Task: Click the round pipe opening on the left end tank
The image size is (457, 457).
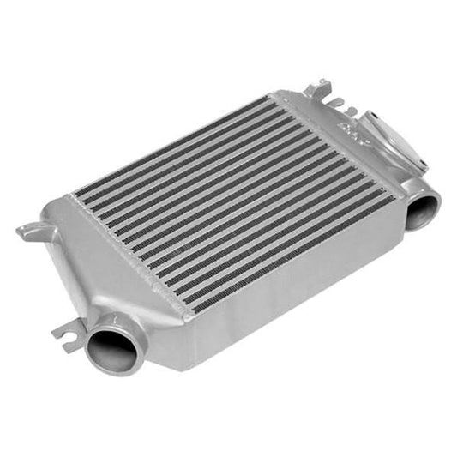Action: [111, 348]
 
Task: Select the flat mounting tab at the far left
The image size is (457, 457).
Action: [30, 231]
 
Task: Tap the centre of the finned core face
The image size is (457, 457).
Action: [232, 201]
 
